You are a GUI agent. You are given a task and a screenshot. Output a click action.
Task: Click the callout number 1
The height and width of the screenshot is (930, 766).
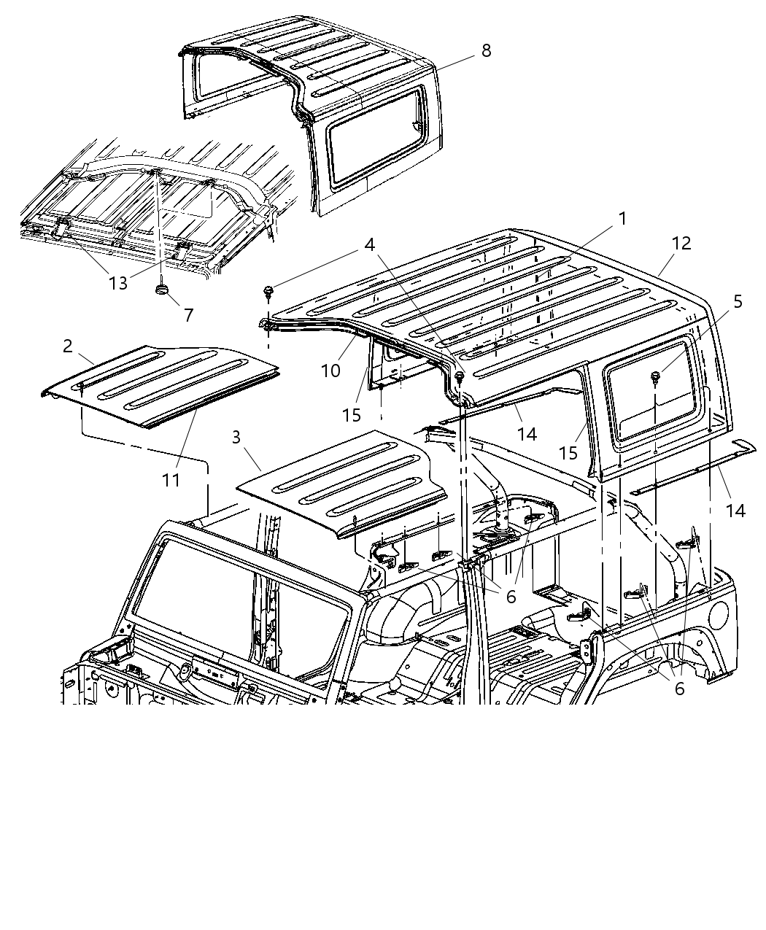pyautogui.click(x=622, y=218)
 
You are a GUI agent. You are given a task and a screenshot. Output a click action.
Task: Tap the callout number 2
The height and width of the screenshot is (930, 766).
pyautogui.click(x=67, y=346)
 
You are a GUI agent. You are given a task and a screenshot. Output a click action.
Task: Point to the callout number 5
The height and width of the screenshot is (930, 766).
pyautogui.click(x=738, y=301)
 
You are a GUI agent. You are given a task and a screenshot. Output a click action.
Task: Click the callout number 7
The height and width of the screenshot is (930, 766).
pyautogui.click(x=188, y=315)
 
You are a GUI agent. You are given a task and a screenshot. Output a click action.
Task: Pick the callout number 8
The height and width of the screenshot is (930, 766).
pyautogui.click(x=486, y=50)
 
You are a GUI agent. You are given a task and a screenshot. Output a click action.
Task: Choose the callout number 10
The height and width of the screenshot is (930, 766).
pyautogui.click(x=330, y=371)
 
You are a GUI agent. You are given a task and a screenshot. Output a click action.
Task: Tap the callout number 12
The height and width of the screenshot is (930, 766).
pyautogui.click(x=681, y=243)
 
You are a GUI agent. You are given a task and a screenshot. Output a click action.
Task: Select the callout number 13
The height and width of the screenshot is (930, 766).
pyautogui.click(x=117, y=283)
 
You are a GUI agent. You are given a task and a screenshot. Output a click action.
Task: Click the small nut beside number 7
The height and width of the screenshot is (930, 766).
pyautogui.click(x=161, y=290)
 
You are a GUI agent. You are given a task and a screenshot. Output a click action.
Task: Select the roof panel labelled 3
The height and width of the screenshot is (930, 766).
pyautogui.click(x=343, y=481)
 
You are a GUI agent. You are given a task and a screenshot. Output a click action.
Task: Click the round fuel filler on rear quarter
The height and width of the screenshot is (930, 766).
pyautogui.click(x=719, y=613)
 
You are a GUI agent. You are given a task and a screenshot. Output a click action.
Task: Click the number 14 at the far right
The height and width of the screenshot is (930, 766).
pyautogui.click(x=735, y=511)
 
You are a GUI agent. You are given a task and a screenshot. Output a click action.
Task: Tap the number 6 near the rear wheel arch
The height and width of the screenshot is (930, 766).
pyautogui.click(x=679, y=688)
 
